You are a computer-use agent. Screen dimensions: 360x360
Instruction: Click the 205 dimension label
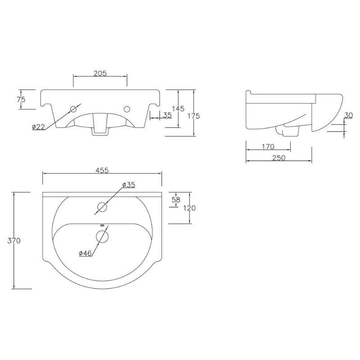tap(100, 73)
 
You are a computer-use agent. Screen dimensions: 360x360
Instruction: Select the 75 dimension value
tap(21, 99)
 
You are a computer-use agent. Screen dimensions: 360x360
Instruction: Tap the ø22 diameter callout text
tap(39, 126)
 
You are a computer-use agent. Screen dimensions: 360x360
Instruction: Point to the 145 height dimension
tap(178, 108)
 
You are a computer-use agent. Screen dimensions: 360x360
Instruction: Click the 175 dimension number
tap(194, 116)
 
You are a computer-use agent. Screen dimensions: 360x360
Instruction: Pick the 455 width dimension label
tap(102, 171)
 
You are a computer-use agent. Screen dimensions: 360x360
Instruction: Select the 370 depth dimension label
tap(14, 241)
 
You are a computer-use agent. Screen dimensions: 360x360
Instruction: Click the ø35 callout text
tap(129, 184)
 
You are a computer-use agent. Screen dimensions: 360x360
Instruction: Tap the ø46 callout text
tap(85, 253)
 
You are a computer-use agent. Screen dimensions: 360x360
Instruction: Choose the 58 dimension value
tap(176, 200)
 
